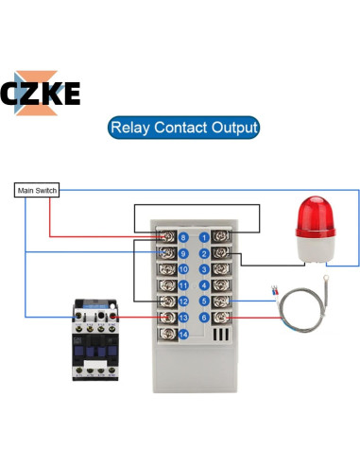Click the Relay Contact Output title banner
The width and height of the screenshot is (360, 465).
pyautogui.click(x=183, y=127)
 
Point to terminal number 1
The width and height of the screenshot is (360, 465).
pyautogui.click(x=203, y=237)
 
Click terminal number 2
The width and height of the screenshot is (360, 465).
pyautogui.click(x=203, y=253)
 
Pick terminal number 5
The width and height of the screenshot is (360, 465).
pyautogui.click(x=203, y=301)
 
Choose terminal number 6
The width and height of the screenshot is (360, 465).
pyautogui.click(x=203, y=318)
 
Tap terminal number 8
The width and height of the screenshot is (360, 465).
pyautogui.click(x=183, y=237)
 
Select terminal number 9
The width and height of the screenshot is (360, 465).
pyautogui.click(x=183, y=253)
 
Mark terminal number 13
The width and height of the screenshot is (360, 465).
pyautogui.click(x=183, y=318)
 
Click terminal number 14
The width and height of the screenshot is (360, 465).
pyautogui.click(x=183, y=334)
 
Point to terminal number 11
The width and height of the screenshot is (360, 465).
pyautogui.click(x=183, y=285)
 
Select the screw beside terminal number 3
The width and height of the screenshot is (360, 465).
pyautogui.click(x=223, y=269)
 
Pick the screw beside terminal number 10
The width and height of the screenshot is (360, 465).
pyautogui.click(x=164, y=269)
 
